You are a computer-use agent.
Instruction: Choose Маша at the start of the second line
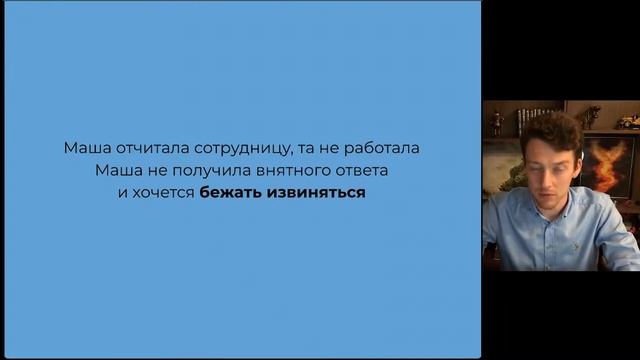coord(117,170)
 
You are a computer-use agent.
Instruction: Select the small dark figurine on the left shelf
coord(497,122)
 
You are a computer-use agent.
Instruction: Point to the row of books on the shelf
coord(535,118)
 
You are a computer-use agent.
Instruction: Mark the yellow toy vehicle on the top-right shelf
coord(627,121)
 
